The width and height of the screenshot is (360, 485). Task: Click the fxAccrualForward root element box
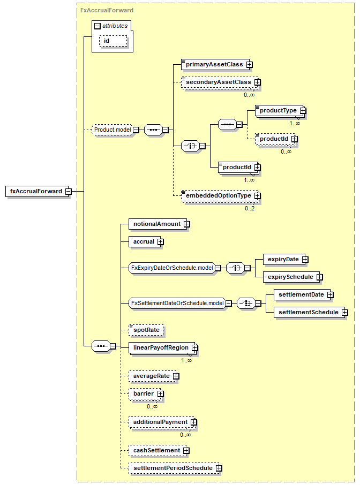tap(36, 191)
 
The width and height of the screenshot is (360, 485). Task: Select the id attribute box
tap(113, 41)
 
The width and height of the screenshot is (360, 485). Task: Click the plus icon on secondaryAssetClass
tap(258, 82)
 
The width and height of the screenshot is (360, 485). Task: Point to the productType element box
tap(279, 110)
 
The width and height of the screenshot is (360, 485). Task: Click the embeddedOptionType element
tap(220, 195)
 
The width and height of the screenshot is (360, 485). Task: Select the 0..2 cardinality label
tap(250, 208)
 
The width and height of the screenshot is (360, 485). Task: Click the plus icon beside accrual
tap(160, 241)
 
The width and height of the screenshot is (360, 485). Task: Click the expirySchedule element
tap(291, 277)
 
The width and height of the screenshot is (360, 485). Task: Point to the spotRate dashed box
tap(146, 330)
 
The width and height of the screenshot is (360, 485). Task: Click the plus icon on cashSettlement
tap(186, 451)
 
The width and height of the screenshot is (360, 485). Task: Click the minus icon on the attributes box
tap(97, 26)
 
